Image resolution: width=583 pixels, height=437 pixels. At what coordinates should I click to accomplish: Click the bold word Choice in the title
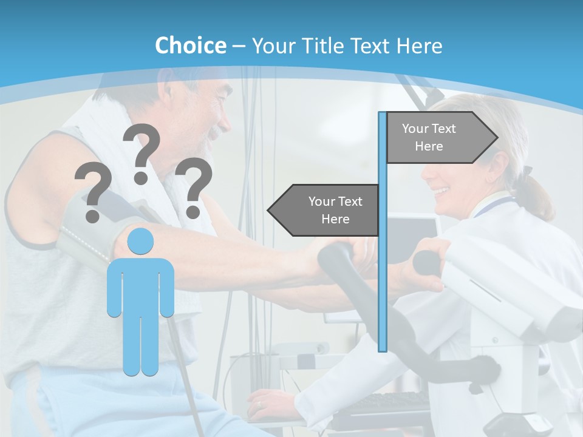click(190, 46)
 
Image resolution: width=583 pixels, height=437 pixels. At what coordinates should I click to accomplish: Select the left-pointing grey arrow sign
click(325, 210)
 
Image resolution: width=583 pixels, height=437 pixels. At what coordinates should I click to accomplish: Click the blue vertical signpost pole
click(383, 273)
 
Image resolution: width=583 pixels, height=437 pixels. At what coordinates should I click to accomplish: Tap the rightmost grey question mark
click(194, 187)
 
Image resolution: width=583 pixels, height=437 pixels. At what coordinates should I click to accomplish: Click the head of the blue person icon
click(140, 242)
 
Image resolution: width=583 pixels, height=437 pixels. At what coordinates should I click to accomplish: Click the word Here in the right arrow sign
click(429, 146)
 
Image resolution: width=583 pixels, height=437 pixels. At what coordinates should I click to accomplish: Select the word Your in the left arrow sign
click(321, 202)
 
